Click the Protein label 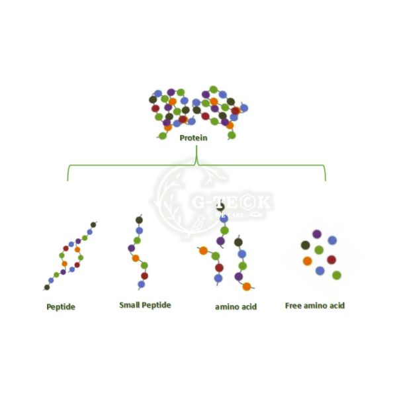pos(193,138)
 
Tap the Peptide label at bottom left pos(61,307)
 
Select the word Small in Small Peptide pos(130,305)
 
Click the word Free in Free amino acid pos(294,306)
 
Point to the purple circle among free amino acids pos(317,234)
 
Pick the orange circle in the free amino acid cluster pos(307,261)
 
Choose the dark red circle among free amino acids pos(331,260)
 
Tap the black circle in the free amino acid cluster pos(305,245)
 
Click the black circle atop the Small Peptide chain pos(139,220)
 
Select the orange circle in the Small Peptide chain pos(136,258)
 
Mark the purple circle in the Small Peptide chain pos(132,249)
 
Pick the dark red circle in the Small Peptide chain pos(144,276)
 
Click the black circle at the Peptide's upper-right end pos(93,225)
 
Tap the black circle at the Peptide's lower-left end pos(47,287)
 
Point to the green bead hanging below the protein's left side pos(163,136)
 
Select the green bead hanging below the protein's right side pos(232,135)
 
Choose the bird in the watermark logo pos(196,228)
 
